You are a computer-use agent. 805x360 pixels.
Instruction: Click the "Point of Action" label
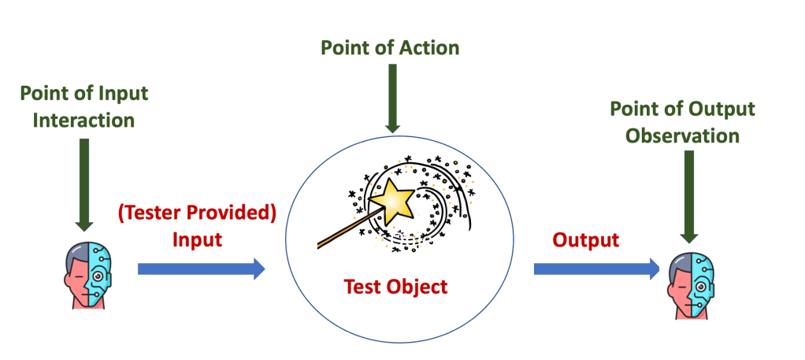click(389, 48)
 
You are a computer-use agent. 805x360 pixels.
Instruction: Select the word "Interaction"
click(77, 121)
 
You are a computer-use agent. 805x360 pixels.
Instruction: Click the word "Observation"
click(682, 135)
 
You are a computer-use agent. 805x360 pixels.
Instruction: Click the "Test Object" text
click(395, 287)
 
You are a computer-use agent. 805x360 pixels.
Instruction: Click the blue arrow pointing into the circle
click(202, 269)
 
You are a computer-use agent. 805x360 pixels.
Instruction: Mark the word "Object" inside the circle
click(419, 287)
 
